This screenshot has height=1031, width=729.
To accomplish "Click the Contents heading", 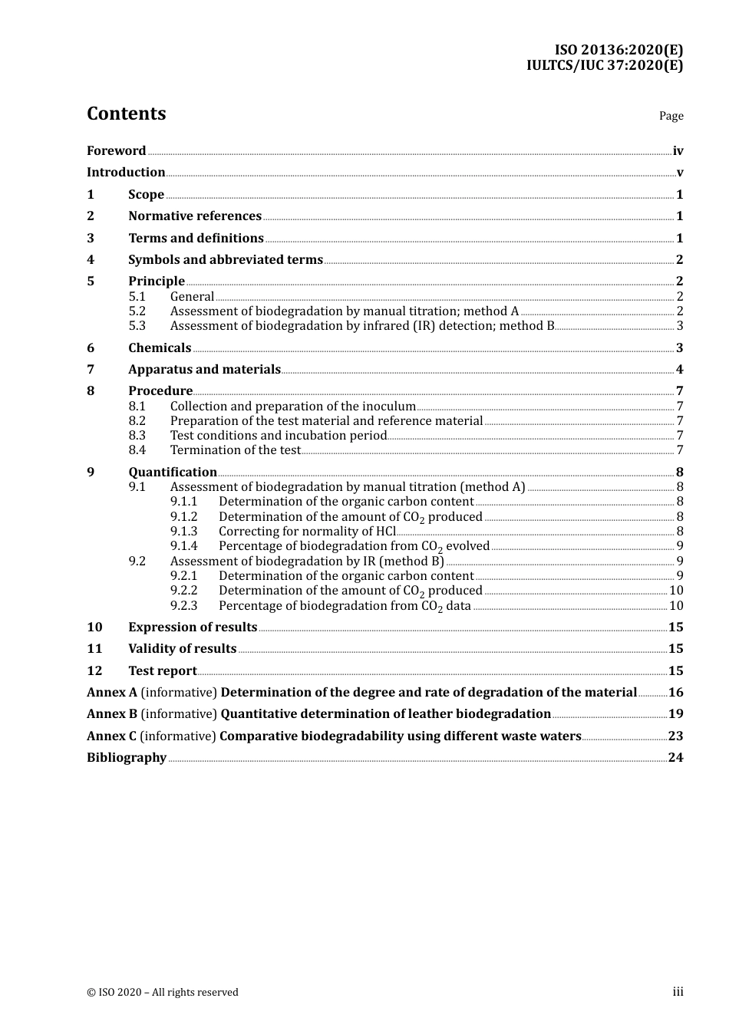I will tap(126, 114).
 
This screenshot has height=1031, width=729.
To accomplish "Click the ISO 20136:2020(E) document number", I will tap(618, 50).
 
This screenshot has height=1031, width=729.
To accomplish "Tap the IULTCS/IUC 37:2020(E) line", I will tap(604, 65).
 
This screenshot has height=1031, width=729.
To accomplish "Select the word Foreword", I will tap(116, 151).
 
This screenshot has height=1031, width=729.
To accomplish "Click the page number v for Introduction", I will tap(679, 173).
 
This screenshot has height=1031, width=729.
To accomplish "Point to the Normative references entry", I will tap(195, 216).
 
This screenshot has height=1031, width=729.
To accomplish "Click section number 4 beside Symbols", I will tap(91, 260).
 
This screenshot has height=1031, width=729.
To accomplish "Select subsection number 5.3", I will tap(137, 326).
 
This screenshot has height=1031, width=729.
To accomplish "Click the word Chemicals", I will tap(160, 348).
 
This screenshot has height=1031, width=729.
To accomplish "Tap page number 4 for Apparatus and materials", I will tap(679, 370).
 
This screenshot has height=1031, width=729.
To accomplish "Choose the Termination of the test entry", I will tap(235, 450).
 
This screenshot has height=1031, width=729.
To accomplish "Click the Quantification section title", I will tap(173, 473).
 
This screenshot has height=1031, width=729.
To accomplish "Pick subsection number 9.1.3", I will tap(184, 532).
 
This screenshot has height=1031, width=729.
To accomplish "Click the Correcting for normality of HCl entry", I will tap(307, 532).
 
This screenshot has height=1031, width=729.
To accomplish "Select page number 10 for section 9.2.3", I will tap(676, 606).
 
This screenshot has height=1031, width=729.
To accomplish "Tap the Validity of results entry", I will tap(182, 649).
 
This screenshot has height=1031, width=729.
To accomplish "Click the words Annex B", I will tap(112, 714).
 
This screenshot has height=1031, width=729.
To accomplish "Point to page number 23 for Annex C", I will tap(675, 736).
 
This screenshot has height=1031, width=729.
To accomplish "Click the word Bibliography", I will tap(127, 758).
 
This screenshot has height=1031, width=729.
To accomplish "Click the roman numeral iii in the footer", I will tap(678, 992).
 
